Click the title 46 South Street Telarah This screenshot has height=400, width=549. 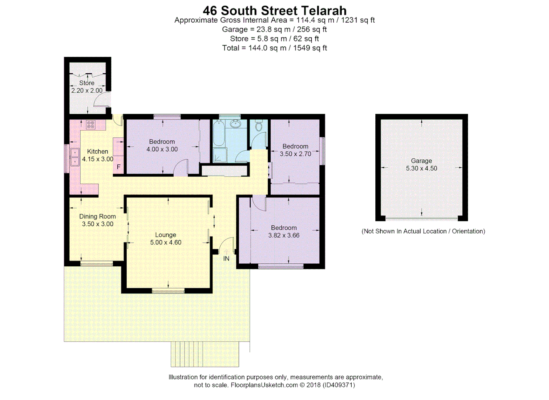[274, 10]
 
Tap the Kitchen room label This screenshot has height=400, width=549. [97, 151]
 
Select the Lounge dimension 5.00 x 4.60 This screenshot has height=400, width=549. [165, 243]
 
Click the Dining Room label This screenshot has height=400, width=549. [97, 216]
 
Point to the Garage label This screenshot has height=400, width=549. [421, 161]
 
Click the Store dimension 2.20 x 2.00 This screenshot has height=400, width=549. [87, 90]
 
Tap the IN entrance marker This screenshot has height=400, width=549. [226, 259]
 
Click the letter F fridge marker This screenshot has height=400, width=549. [118, 167]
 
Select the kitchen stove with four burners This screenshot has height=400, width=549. [91, 125]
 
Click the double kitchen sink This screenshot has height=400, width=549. [75, 157]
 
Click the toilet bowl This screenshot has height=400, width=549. [259, 126]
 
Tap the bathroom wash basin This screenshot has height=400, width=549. [235, 124]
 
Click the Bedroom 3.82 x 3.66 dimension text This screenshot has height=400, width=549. [284, 236]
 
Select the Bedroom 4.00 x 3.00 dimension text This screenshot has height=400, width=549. [162, 149]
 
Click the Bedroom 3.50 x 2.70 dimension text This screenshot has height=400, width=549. [295, 154]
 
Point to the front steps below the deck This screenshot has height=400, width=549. [205, 354]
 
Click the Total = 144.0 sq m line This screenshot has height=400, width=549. [274, 48]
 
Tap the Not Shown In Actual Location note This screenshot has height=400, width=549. [423, 231]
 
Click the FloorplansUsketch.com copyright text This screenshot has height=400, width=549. [274, 385]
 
